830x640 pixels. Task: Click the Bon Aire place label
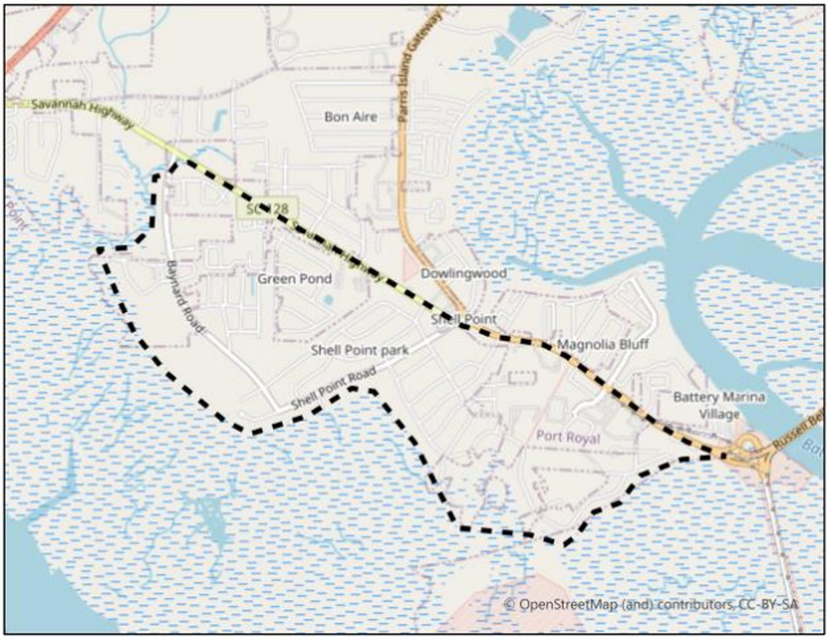pos(351,116)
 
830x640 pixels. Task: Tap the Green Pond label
pos(295,279)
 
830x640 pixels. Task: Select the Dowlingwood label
pos(464,273)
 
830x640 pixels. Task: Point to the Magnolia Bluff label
pos(602,344)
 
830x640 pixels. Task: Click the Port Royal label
pos(567,438)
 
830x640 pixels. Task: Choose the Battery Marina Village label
pos(719,405)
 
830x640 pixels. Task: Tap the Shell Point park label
pos(360,350)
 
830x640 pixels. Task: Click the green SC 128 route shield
pos(267,208)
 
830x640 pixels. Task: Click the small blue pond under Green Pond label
pos(328,299)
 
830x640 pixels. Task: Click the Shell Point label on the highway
pos(463,319)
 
